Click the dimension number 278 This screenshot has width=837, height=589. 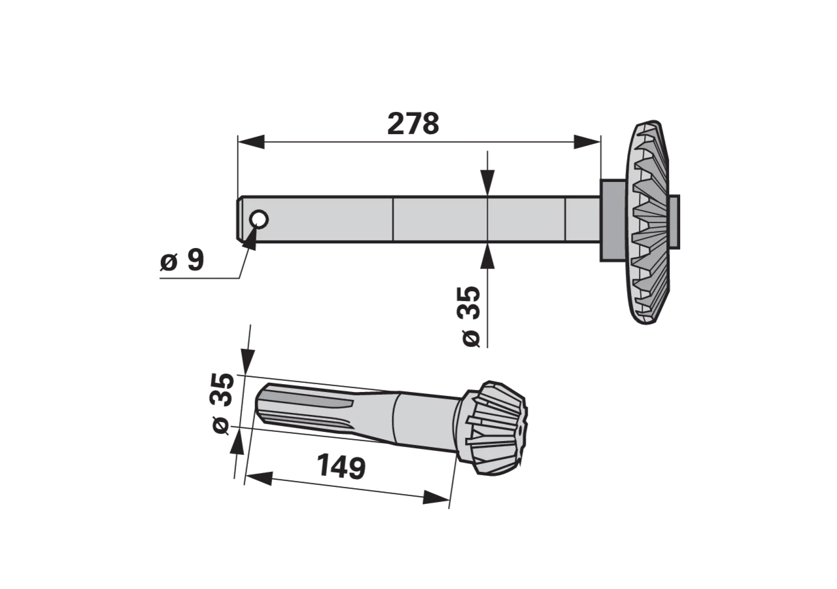click(x=413, y=124)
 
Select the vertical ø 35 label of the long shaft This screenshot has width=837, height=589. click(x=470, y=316)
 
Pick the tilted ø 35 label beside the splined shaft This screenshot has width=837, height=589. click(x=224, y=403)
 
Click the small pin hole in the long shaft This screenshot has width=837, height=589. click(x=259, y=219)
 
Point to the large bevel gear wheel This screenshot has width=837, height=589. click(x=651, y=222)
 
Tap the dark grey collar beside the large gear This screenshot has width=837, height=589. click(x=613, y=221)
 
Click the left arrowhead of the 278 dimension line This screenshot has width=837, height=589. click(x=251, y=142)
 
